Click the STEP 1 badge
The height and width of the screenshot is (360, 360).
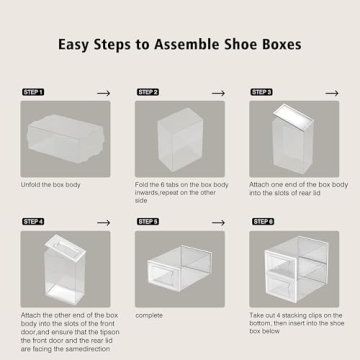(32, 91)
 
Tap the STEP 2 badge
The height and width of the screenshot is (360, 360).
(147, 91)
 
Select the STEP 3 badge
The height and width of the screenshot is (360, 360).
(261, 91)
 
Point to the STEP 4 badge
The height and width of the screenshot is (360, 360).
(32, 219)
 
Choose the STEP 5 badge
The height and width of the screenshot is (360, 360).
(147, 219)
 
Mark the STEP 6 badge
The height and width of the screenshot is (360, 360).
(261, 219)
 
